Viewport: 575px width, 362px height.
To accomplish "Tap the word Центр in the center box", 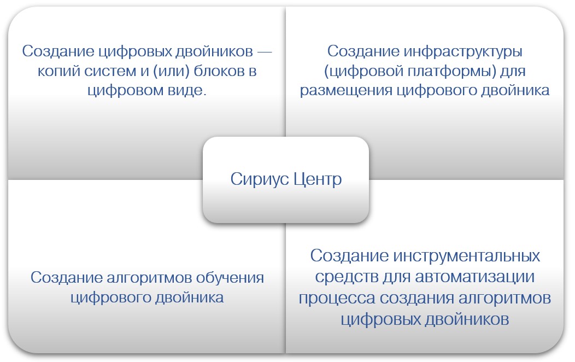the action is (318, 180).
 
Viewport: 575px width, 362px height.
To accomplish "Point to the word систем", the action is (110, 71).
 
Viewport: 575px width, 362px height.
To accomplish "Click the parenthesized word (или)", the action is (171, 71).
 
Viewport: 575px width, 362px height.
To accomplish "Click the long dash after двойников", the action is (265, 52).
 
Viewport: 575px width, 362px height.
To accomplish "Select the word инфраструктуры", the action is (463, 52).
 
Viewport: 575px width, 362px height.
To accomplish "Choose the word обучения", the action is (230, 278).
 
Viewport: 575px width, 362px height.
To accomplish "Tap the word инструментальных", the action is (466, 256).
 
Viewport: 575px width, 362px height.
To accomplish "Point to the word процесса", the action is (337, 298).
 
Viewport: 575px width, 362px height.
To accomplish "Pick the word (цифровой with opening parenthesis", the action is (363, 71).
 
